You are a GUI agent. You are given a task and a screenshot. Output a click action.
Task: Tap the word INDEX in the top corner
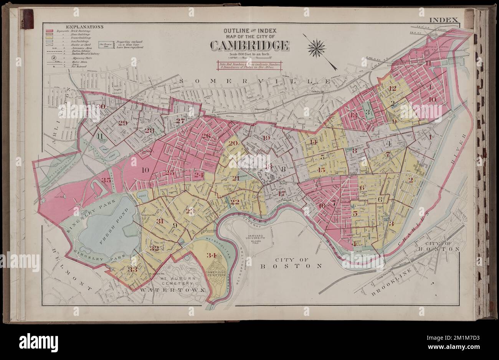pos(443,20)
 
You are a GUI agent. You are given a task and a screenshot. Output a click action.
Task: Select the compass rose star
pos(316,48)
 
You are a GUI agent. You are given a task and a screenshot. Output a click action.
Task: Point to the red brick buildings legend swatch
pos(49,31)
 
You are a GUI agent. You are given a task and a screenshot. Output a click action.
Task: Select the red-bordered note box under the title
pos(249,65)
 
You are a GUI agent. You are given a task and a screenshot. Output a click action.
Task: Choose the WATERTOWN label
pos(172,290)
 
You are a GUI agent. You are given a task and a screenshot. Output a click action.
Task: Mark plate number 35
pos(106,180)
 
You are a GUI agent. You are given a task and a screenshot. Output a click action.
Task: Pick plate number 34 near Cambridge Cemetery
pos(211,255)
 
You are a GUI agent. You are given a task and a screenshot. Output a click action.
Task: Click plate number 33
pos(132,269)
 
